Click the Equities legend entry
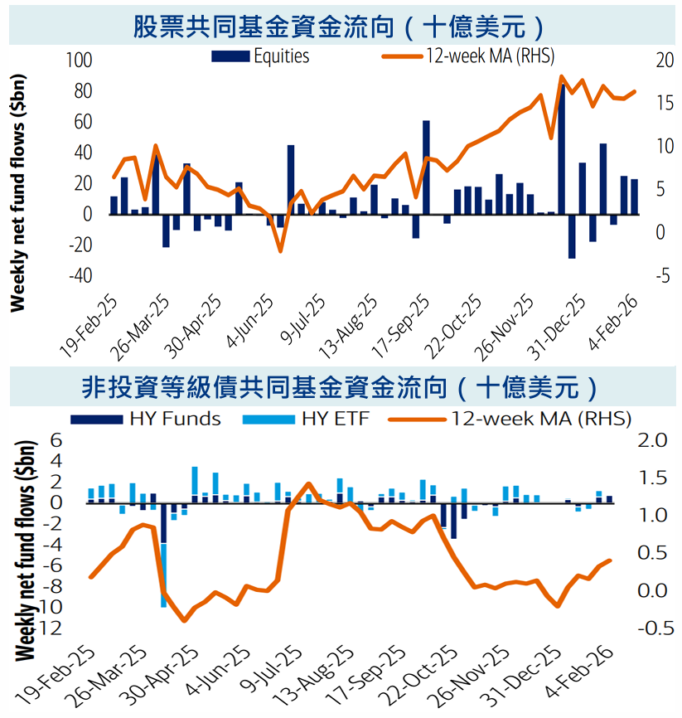point(261,56)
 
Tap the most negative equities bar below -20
point(572,236)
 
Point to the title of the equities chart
point(341,26)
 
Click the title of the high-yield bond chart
point(341,386)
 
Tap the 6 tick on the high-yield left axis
point(57,439)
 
